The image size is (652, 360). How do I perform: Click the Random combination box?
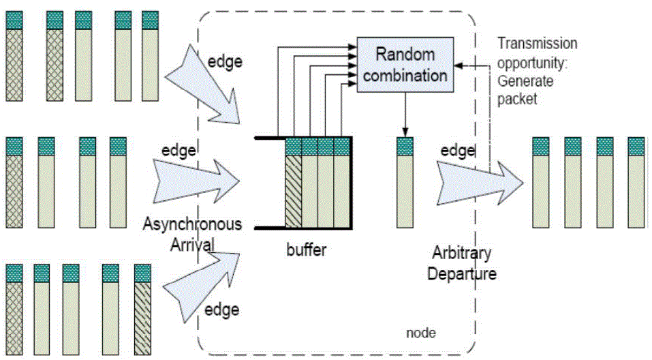click(405, 66)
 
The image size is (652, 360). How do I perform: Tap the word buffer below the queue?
click(307, 250)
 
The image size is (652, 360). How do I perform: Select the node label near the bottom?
click(420, 333)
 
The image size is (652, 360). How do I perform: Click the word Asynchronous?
click(192, 224)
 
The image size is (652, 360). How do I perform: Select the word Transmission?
click(537, 44)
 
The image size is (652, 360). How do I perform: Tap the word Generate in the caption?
click(525, 81)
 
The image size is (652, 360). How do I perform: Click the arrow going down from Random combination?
click(405, 115)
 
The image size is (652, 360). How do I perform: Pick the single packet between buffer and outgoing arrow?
click(405, 183)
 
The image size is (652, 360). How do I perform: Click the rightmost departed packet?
click(636, 183)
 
